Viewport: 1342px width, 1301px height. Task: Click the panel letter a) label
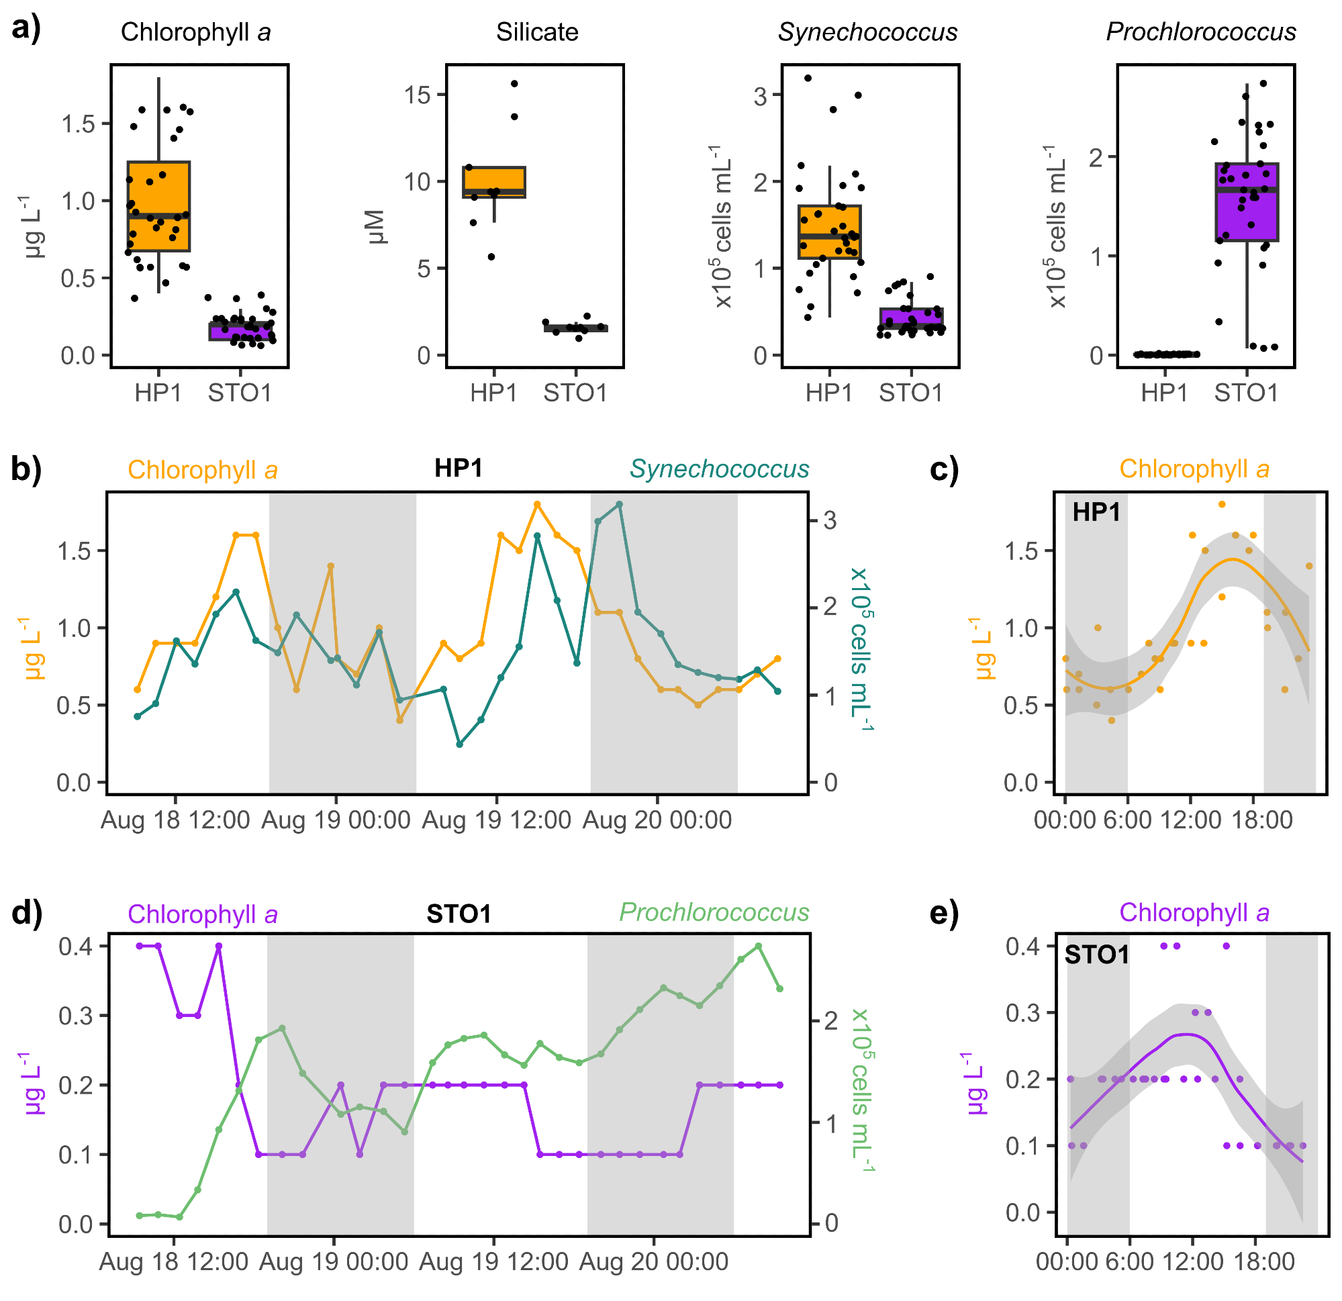point(26,30)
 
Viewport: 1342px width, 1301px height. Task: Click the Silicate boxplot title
point(537,32)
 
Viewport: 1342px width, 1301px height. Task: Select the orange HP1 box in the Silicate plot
point(494,182)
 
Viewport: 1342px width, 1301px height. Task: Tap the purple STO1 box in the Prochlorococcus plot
point(1247,203)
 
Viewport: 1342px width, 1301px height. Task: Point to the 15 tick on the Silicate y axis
point(418,95)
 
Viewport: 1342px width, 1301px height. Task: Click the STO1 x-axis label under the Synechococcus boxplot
point(910,393)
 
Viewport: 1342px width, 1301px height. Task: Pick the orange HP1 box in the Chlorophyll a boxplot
point(159,206)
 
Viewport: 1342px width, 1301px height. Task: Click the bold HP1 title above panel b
point(459,469)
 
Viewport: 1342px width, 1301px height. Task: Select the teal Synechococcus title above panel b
point(719,469)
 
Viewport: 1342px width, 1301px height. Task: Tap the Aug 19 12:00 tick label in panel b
point(496,820)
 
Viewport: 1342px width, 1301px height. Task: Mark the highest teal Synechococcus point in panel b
point(619,505)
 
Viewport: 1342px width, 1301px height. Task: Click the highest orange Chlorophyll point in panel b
point(538,505)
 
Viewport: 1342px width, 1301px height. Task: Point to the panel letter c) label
point(945,469)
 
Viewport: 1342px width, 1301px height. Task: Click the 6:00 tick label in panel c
point(1127,820)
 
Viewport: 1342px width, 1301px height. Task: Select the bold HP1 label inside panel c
point(1096,512)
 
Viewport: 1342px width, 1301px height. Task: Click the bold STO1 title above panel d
point(459,914)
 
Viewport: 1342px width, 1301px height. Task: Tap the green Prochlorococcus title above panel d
point(714,913)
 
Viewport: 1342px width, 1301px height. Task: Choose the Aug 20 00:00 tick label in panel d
point(654,1261)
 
